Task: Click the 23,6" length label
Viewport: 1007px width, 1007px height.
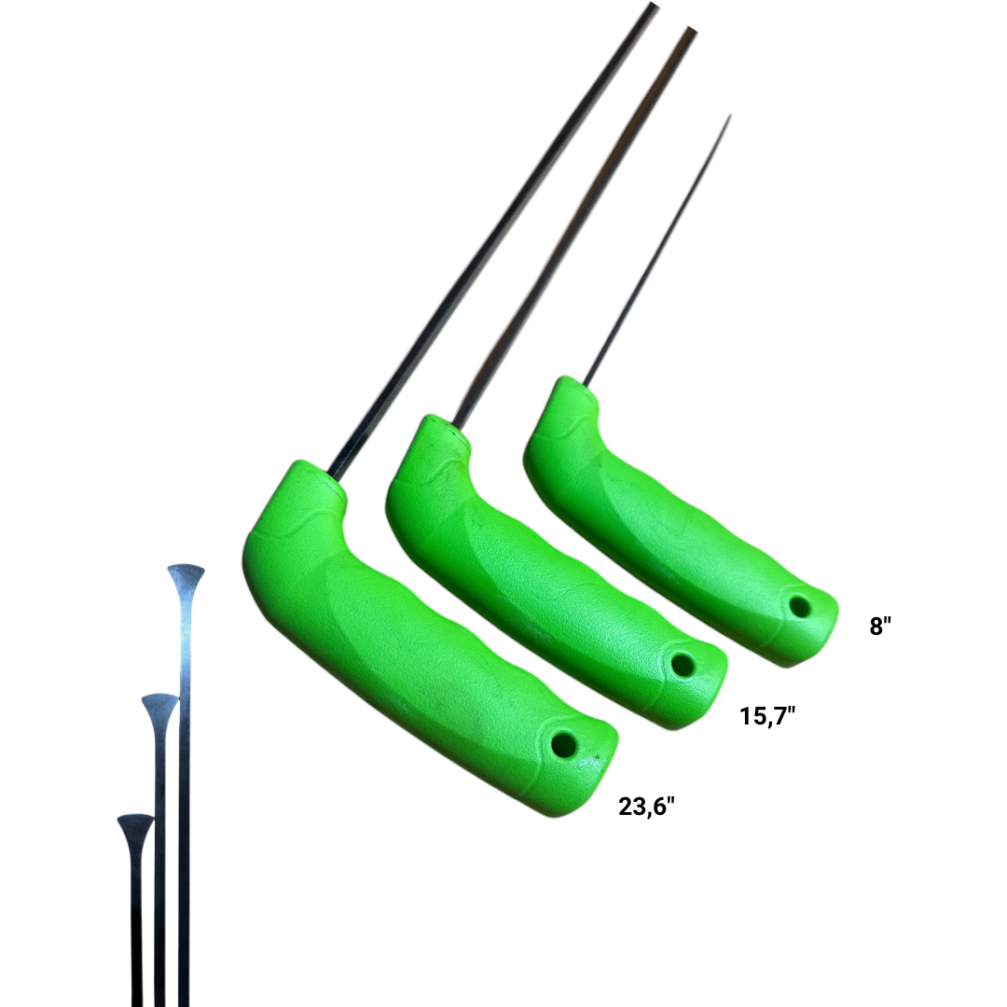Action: click(x=647, y=807)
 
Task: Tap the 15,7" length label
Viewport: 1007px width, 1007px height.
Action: click(x=767, y=716)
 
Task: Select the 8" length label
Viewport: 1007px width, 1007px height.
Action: click(x=880, y=626)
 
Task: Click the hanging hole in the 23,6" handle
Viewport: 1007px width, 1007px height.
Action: click(x=564, y=745)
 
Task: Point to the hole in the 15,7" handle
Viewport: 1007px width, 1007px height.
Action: click(x=683, y=665)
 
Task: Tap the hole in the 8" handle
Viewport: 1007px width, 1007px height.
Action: click(x=800, y=606)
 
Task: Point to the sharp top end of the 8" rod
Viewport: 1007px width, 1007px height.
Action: click(x=730, y=115)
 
